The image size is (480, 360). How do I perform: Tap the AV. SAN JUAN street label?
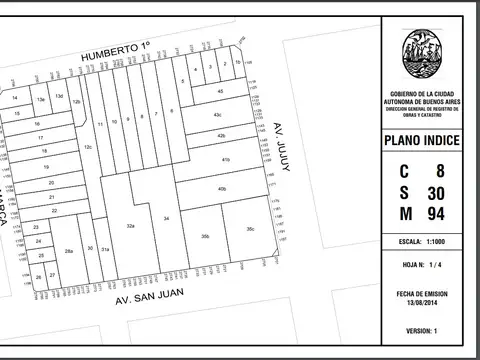point(150,298)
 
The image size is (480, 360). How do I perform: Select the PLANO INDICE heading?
point(422,141)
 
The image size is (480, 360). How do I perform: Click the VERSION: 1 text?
point(422,330)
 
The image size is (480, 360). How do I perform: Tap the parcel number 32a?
point(130,227)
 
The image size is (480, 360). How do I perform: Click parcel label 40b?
point(221,188)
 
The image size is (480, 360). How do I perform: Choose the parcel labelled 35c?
point(249,230)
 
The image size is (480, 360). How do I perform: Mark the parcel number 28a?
point(68,251)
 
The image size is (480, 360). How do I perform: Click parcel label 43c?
point(216,115)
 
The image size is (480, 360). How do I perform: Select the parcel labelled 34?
point(167,217)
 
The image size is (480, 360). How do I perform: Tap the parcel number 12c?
point(88,147)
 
